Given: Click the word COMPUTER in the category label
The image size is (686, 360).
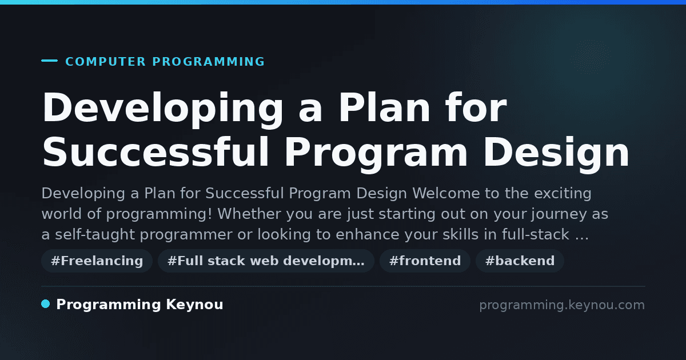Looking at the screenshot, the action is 106,62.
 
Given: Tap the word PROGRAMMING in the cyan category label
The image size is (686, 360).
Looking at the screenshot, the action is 208,62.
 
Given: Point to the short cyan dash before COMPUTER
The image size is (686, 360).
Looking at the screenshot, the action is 49,61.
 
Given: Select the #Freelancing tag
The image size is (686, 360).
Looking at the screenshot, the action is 97,261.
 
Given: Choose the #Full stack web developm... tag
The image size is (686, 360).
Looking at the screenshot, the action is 266,261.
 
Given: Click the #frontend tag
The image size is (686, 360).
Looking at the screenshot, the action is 425,261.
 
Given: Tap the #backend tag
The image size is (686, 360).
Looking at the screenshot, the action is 520,261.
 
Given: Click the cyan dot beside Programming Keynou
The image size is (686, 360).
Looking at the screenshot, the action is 46,304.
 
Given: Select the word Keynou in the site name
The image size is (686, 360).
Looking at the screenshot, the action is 194,305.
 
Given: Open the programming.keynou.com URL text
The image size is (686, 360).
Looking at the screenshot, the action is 562,305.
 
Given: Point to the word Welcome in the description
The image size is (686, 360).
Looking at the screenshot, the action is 446,194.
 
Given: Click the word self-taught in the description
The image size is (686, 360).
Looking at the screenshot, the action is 95,235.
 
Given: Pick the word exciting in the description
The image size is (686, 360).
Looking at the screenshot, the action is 563,194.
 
